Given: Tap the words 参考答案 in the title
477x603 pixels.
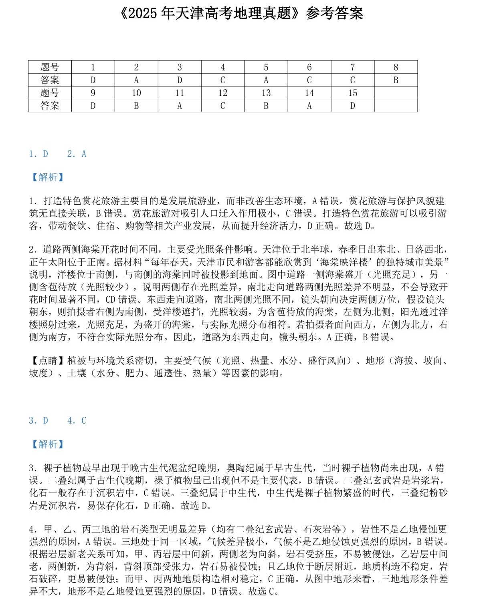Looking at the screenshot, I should (x=334, y=14).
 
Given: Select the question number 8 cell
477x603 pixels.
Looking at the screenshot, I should (x=396, y=67).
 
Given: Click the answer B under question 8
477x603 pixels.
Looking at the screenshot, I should (x=396, y=80).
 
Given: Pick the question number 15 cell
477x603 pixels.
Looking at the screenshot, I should (x=352, y=93).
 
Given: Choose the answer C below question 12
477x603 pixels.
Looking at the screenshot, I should (x=223, y=106).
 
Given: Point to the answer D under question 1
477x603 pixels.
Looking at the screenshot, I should (x=93, y=80).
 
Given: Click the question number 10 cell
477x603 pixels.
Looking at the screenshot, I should (x=136, y=93).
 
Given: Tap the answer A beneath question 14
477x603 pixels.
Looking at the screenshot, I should (x=309, y=106).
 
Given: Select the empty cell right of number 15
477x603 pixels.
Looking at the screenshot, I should (x=396, y=93).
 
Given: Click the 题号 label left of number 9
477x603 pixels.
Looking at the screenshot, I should (x=50, y=93).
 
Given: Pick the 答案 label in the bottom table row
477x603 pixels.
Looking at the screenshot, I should (x=50, y=106).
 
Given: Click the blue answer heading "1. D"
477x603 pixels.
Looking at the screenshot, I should (x=38, y=154).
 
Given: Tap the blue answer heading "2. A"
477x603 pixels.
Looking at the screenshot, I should (x=77, y=154).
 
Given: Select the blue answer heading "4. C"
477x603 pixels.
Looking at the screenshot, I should (x=77, y=420).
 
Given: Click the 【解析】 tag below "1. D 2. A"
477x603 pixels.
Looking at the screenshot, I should (x=48, y=177).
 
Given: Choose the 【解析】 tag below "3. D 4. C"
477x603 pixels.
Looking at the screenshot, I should (x=48, y=444).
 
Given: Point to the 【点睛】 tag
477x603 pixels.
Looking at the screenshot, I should (x=48, y=361).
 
